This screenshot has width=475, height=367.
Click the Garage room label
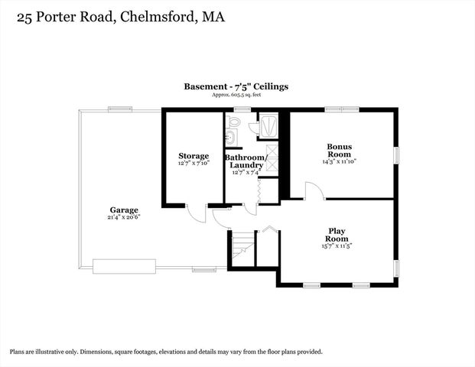[x=123, y=209]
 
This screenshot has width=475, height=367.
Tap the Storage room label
[x=194, y=156]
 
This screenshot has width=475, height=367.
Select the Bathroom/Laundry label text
[x=244, y=161]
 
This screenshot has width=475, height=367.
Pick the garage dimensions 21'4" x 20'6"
[x=123, y=217]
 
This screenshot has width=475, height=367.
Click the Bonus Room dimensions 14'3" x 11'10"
[x=340, y=161]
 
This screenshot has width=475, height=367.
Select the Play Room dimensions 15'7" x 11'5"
[x=338, y=246]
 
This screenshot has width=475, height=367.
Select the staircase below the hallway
[x=240, y=249]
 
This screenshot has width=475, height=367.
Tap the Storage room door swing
[x=197, y=213]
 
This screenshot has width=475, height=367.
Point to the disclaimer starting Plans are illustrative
[x=166, y=352]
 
